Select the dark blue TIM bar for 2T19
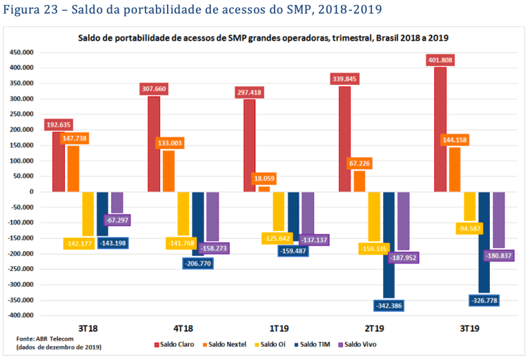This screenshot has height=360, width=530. click(x=389, y=241)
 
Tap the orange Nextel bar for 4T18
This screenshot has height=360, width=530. click(x=168, y=172)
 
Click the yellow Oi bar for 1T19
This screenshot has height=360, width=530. click(x=279, y=211)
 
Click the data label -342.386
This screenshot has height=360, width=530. click(x=391, y=305)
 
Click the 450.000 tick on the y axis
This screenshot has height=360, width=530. click(x=22, y=52)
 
